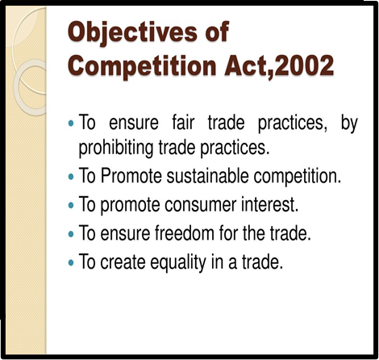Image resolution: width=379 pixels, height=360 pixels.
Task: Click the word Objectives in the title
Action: tap(132, 32)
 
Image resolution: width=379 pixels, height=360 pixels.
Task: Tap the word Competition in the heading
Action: tap(142, 66)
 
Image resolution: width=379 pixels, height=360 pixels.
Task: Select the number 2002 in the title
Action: tap(305, 65)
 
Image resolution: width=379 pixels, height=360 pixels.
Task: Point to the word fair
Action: tap(183, 123)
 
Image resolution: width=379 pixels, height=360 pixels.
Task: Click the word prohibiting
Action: tap(115, 148)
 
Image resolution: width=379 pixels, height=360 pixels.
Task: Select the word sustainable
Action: tap(207, 176)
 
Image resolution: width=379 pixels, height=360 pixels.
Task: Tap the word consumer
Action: tap(200, 204)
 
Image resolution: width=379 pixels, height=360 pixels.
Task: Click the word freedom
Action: tap(184, 232)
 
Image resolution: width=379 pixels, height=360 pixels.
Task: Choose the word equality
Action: tap(178, 262)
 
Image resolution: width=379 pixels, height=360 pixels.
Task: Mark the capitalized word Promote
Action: tap(131, 176)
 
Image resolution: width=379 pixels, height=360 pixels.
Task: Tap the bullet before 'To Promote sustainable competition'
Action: tap(71, 177)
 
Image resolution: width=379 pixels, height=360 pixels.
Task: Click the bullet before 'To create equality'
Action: tap(71, 262)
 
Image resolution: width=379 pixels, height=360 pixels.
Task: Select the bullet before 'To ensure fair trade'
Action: tap(71, 123)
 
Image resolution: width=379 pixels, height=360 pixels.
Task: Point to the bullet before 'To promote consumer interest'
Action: tap(71, 205)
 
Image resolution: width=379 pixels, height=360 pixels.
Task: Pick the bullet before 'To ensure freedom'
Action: tap(71, 234)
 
